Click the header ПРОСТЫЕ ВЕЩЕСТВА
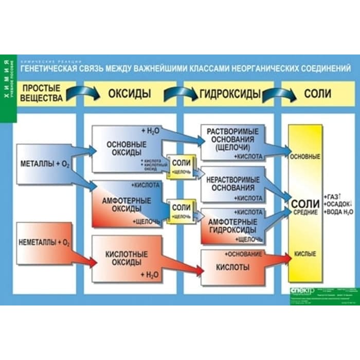(x=42, y=93)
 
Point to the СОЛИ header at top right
(x=317, y=94)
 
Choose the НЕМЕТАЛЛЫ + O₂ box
(x=45, y=242)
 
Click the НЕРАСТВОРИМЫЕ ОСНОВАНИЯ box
(x=232, y=184)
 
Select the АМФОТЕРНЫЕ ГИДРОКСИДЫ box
(x=232, y=225)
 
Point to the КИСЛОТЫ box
(x=233, y=267)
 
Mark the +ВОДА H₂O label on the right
(x=339, y=212)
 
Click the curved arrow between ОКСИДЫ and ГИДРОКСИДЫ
(x=181, y=93)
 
